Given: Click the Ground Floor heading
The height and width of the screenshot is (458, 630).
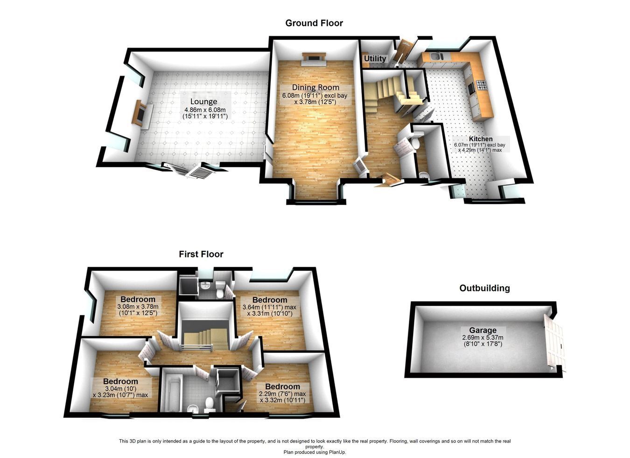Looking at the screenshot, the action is coord(314,23).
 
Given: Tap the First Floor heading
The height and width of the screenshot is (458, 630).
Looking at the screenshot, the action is coord(201,254).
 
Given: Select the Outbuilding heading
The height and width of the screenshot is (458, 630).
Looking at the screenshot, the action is coord(484,288).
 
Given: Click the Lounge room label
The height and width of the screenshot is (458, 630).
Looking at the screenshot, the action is coord(203,101).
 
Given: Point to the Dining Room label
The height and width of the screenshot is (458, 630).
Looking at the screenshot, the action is coord(315,87).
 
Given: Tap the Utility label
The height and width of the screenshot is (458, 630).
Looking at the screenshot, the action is coord(375,58).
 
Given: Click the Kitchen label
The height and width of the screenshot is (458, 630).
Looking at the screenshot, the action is coord(481,139).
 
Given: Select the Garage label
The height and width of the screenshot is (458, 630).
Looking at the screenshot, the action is coord(483,330).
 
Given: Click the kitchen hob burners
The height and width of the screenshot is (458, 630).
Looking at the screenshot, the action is coord(481,85).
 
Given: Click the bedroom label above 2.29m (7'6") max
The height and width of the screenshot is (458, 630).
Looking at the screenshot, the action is coord(282,386).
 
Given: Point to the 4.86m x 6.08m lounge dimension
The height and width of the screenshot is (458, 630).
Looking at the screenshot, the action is coord(205,110).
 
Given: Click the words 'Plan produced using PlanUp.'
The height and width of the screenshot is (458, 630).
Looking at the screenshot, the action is coord(315,452).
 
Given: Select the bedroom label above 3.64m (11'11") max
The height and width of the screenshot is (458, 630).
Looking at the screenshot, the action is coord(269,300).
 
